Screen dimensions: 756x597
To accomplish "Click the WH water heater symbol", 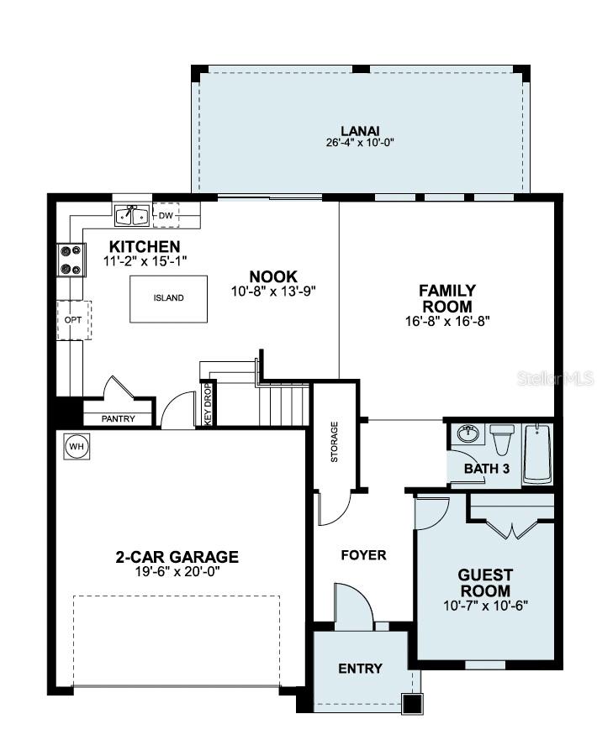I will point(77,446).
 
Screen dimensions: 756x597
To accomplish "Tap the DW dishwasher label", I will point(166,216).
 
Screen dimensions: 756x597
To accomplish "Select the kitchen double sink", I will point(132,216).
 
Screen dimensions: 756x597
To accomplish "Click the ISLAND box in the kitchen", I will point(168,298).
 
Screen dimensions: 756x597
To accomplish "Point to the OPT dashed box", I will point(73,320).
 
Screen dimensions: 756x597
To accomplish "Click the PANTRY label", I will point(118,417).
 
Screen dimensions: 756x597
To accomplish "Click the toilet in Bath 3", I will point(502,439).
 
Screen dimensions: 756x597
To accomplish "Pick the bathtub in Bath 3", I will point(538,454).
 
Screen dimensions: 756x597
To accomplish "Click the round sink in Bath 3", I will point(468,434).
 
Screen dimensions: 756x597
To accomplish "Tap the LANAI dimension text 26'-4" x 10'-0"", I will point(360,143).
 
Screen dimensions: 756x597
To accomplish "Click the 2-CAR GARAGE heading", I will point(177,556).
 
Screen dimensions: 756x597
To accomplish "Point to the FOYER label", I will point(363,555).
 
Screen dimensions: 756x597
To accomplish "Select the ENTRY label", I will point(360,669).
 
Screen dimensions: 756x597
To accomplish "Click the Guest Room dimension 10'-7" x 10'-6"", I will point(485,605).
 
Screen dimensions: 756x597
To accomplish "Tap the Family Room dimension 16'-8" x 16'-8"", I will point(447,320).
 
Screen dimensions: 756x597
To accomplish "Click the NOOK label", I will point(273,276).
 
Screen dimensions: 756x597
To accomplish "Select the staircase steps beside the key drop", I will point(282,403).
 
